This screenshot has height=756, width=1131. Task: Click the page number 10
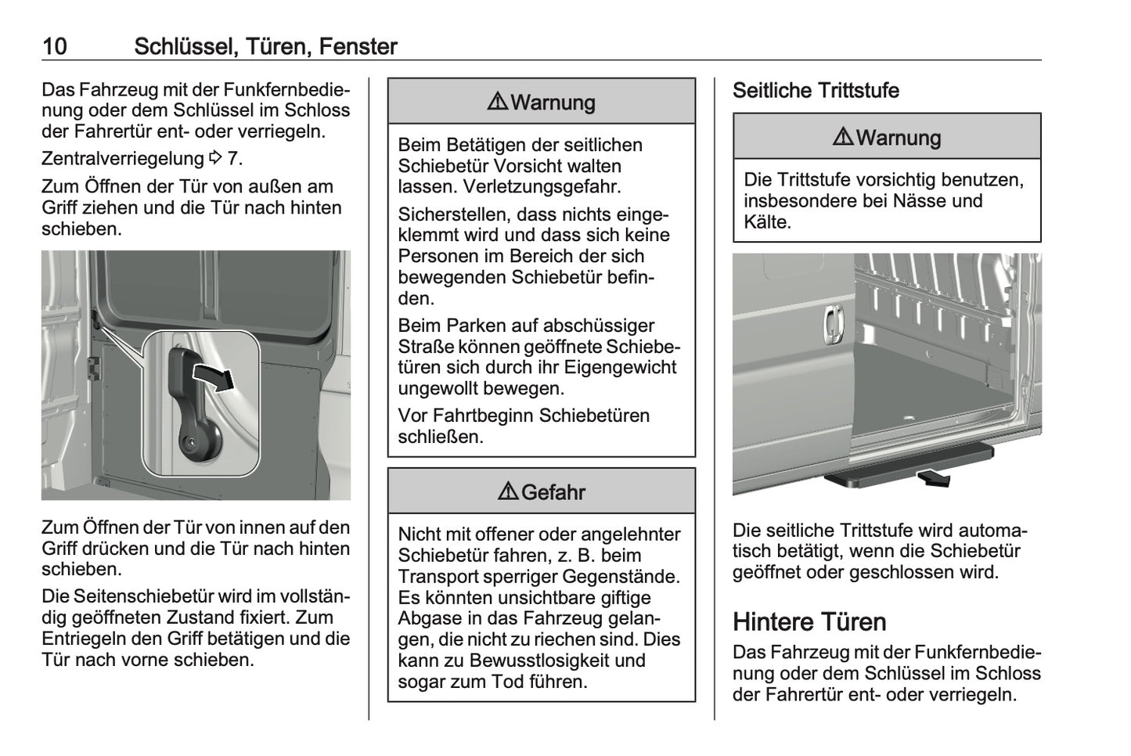click(x=55, y=46)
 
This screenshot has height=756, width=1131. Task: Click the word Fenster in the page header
click(x=358, y=46)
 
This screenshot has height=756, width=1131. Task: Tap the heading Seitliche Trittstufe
click(x=816, y=91)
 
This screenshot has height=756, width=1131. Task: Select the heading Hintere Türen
click(x=809, y=621)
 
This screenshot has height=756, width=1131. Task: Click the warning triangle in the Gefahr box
click(x=508, y=491)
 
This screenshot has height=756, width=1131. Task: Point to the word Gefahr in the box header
click(x=553, y=492)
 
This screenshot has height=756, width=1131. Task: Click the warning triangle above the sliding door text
click(x=498, y=101)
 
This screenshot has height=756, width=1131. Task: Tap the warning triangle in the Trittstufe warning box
click(x=843, y=136)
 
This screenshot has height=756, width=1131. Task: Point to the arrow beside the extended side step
click(x=934, y=477)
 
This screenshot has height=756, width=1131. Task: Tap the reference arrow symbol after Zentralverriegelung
click(x=215, y=157)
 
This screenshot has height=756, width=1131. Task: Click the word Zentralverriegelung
click(x=123, y=159)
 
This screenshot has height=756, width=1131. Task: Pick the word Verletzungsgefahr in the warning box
click(x=542, y=187)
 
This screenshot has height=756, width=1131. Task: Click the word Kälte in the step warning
click(x=767, y=222)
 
